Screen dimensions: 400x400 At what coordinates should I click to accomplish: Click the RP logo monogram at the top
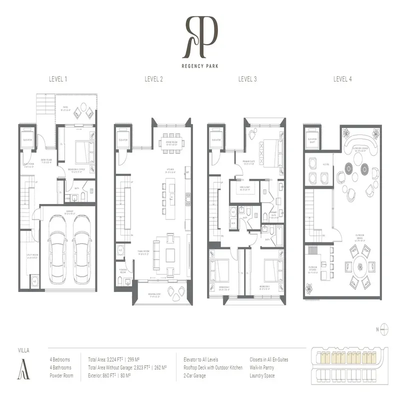[200, 36]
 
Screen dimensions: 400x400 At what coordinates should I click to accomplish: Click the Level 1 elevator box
[27, 139]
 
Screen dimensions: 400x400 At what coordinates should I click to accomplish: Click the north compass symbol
[384, 329]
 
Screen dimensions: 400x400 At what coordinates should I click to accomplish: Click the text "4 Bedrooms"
[60, 359]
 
